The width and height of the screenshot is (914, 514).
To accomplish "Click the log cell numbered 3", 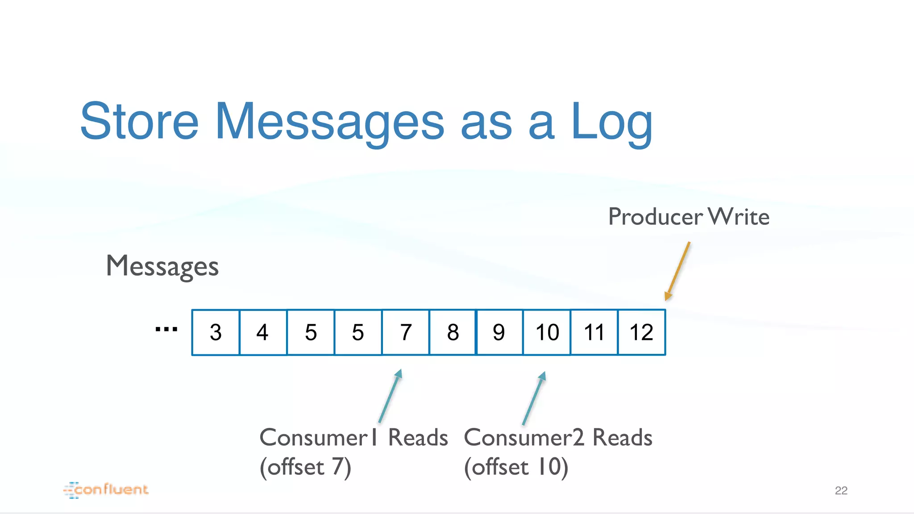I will pyautogui.click(x=216, y=332).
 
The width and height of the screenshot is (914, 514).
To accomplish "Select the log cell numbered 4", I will pyautogui.click(x=263, y=332).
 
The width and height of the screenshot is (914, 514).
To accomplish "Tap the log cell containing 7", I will pyautogui.click(x=406, y=332).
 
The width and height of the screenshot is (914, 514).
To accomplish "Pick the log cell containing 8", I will pyautogui.click(x=453, y=332).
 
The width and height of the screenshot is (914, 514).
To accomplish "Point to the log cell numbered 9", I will pyautogui.click(x=499, y=332).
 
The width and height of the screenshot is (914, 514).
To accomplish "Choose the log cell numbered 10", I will pyautogui.click(x=547, y=332).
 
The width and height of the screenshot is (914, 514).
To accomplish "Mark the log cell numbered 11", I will pyautogui.click(x=594, y=332).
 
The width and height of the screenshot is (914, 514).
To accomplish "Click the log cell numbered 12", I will pyautogui.click(x=641, y=332).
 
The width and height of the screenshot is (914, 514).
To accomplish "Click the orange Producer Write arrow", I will pyautogui.click(x=677, y=271).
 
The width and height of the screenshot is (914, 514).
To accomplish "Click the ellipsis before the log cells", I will pyautogui.click(x=166, y=330).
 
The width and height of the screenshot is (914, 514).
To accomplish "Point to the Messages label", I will pyautogui.click(x=162, y=266).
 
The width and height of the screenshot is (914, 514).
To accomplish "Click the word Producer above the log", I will pyautogui.click(x=655, y=217).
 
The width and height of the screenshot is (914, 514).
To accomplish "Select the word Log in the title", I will pyautogui.click(x=611, y=122).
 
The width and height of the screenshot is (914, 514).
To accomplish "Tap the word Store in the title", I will pyautogui.click(x=139, y=121).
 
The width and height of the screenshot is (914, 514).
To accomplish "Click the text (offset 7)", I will pyautogui.click(x=306, y=467).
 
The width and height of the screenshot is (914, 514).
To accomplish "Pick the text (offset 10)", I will pyautogui.click(x=516, y=467).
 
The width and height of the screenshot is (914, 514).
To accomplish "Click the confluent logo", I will pyautogui.click(x=106, y=490).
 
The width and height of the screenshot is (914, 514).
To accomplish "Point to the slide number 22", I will pyautogui.click(x=841, y=491).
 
